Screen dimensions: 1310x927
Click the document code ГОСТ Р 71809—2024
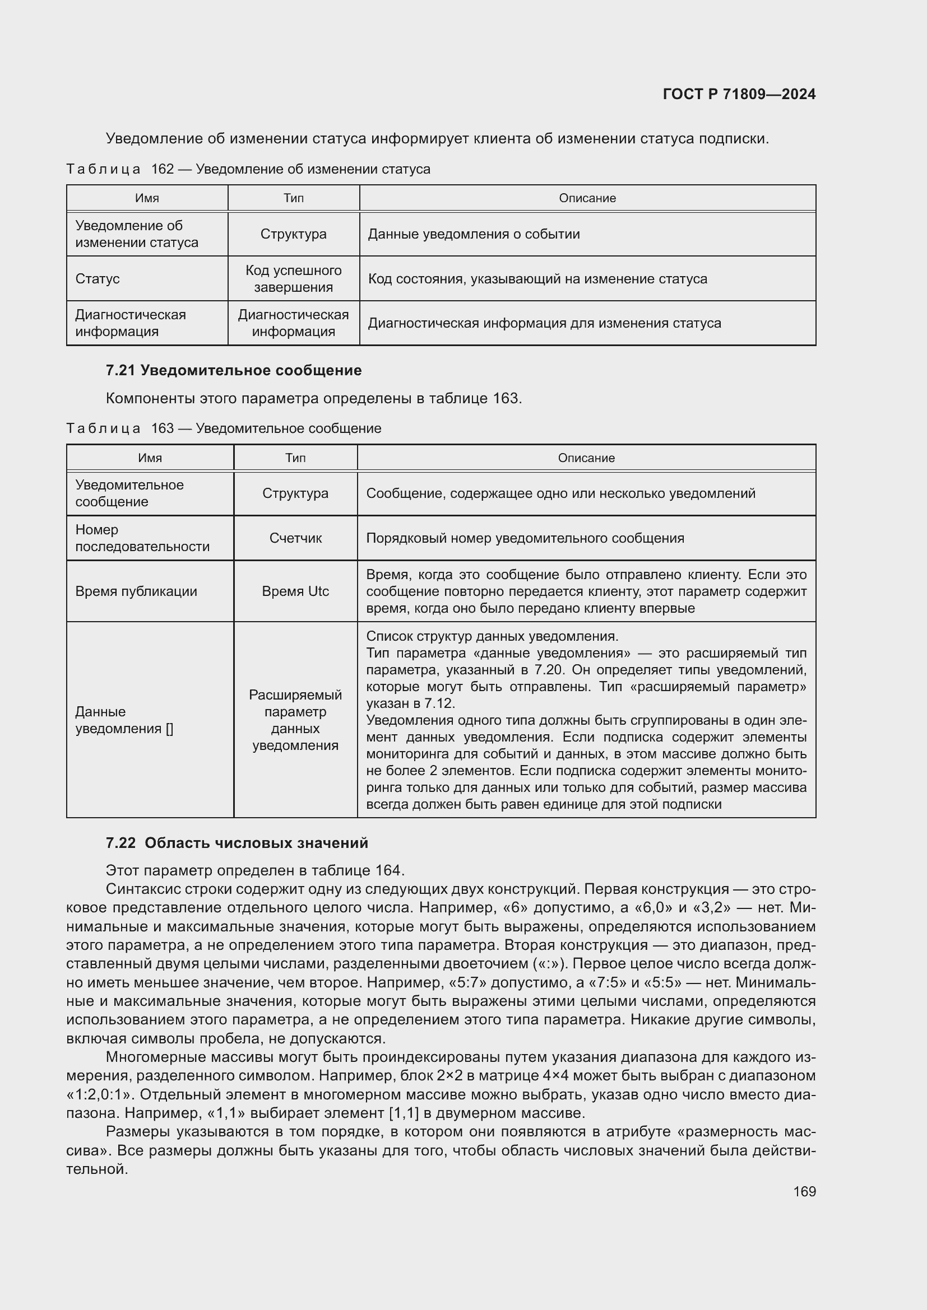point(739,94)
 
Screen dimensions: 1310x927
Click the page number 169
point(804,1191)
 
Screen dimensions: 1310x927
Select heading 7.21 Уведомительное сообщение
point(234,370)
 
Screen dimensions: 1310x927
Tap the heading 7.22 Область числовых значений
point(237,843)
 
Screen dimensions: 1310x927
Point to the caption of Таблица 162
point(248,169)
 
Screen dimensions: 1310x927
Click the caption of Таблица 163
point(224,428)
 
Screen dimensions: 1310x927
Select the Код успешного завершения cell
point(293,279)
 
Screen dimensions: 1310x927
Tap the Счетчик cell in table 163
point(295,538)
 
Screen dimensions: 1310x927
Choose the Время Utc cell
point(295,591)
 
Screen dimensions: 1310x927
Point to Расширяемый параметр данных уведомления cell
point(295,720)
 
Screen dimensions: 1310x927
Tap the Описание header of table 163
point(586,458)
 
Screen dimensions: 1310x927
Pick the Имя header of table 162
point(147,198)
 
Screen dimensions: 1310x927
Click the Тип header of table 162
point(293,198)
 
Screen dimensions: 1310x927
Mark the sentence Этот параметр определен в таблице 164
point(255,870)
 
